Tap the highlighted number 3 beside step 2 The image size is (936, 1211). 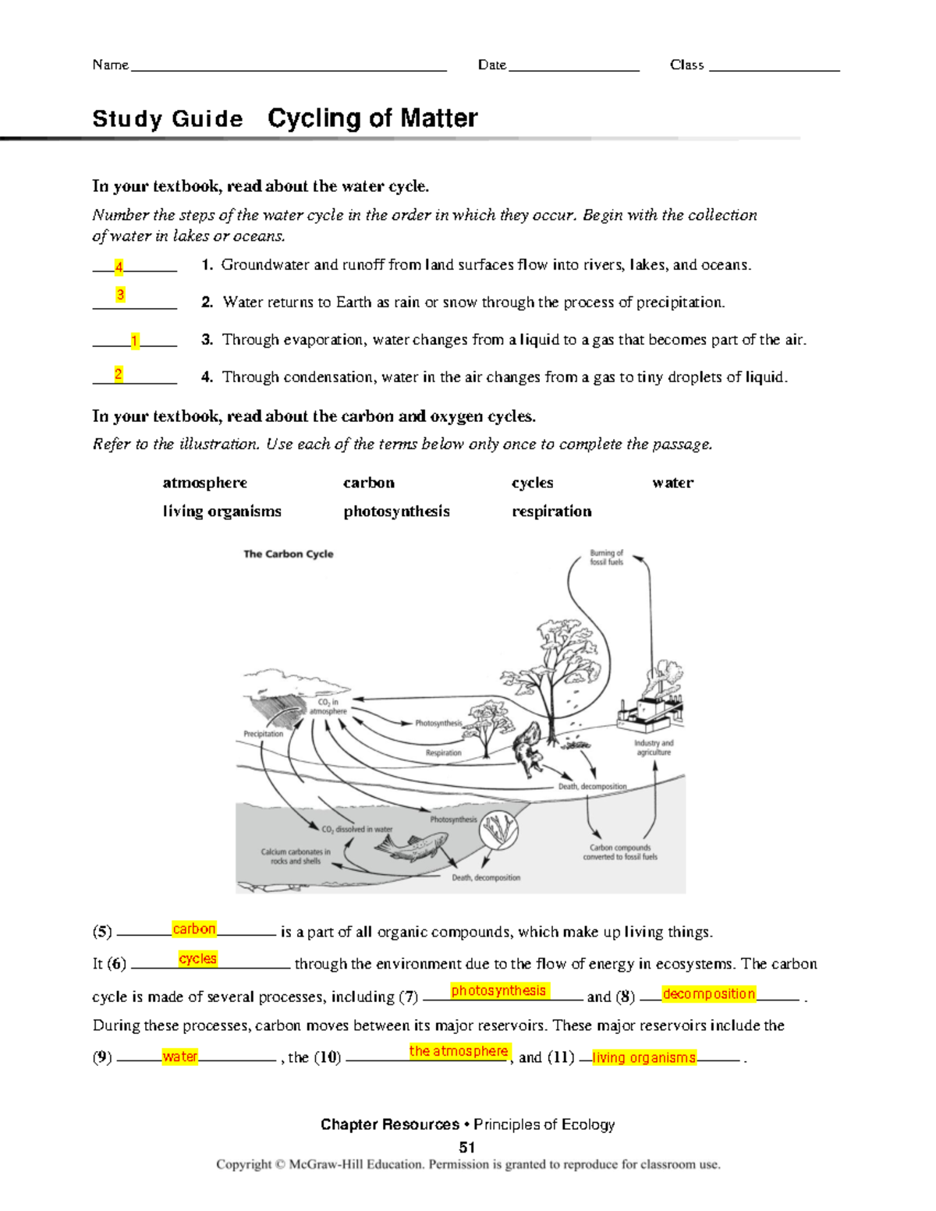pyautogui.click(x=120, y=295)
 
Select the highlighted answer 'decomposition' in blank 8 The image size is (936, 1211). pyautogui.click(x=708, y=993)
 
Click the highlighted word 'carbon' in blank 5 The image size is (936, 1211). pyautogui.click(x=194, y=929)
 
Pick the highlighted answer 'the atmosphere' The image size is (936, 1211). pyautogui.click(x=459, y=1051)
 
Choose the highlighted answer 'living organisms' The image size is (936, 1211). pyautogui.click(x=643, y=1057)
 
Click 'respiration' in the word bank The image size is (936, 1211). pyautogui.click(x=551, y=512)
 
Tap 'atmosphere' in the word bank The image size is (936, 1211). pyautogui.click(x=204, y=483)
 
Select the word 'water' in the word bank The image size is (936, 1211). pyautogui.click(x=672, y=483)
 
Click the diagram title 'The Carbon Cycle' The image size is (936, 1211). pyautogui.click(x=288, y=554)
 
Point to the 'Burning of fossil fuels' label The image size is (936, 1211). pyautogui.click(x=606, y=558)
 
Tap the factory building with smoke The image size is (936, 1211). pyautogui.click(x=651, y=706)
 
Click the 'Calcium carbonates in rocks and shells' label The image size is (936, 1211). pyautogui.click(x=296, y=856)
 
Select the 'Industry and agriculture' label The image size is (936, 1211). pyautogui.click(x=653, y=748)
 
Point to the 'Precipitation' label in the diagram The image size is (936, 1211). pyautogui.click(x=263, y=734)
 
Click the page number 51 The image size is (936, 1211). pyautogui.click(x=467, y=1147)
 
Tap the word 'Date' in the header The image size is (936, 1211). pyautogui.click(x=491, y=65)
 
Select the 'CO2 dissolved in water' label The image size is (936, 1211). pyautogui.click(x=357, y=830)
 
